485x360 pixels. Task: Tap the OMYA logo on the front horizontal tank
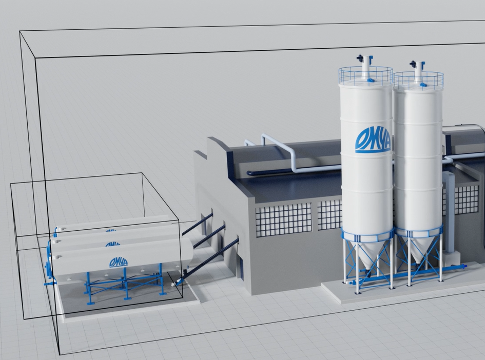pyautogui.click(x=119, y=263)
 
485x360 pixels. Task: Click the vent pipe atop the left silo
pyautogui.click(x=365, y=67)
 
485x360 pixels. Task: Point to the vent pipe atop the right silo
pyautogui.click(x=418, y=72)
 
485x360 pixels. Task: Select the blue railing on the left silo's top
pyautogui.click(x=365, y=76)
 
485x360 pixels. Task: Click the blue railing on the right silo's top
pyautogui.click(x=418, y=81)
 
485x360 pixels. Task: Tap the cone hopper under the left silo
pyautogui.click(x=367, y=253)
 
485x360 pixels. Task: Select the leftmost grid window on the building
pyautogui.click(x=283, y=219)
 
